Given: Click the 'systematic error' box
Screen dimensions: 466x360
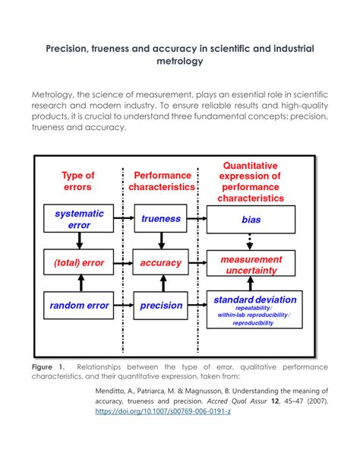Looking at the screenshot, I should pyautogui.click(x=79, y=219).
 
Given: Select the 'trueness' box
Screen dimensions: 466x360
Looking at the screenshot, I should pyautogui.click(x=161, y=219).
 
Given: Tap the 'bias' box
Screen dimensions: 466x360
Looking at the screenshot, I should pyautogui.click(x=251, y=219).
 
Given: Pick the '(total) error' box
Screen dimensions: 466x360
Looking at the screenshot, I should pyautogui.click(x=79, y=263).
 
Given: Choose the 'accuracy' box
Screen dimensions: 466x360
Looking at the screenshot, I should pyautogui.click(x=161, y=263).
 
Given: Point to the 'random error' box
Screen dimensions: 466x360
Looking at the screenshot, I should pyautogui.click(x=79, y=306).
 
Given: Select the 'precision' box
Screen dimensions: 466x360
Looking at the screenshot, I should pyautogui.click(x=161, y=306).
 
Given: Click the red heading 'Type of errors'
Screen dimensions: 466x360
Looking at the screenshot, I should pyautogui.click(x=78, y=181).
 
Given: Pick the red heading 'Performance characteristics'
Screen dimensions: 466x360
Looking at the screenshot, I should pyautogui.click(x=161, y=181).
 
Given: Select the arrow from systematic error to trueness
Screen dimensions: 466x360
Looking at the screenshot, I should pyautogui.click(x=124, y=219).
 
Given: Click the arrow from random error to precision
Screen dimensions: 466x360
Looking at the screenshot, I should pyautogui.click(x=124, y=306).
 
